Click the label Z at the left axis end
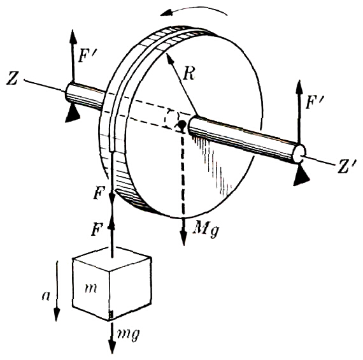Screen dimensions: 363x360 [x=12, y=78]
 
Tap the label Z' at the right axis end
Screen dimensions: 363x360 [x=346, y=166]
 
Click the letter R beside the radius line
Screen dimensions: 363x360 [x=189, y=73]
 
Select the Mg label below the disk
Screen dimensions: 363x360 [x=207, y=229]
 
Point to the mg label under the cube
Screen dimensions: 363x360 [x=129, y=335]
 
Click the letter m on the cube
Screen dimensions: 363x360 [x=90, y=289]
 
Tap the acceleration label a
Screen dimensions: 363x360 [x=46, y=296]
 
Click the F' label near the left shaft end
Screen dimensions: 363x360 [x=86, y=55]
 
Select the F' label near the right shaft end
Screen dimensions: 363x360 [x=315, y=102]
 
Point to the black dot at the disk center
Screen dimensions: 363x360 [x=181, y=124]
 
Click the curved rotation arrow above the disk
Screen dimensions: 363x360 [x=194, y=10]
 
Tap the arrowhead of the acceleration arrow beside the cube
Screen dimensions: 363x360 [x=57, y=314]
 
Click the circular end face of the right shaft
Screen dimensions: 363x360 [x=299, y=153]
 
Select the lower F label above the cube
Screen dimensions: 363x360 [x=97, y=230]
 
